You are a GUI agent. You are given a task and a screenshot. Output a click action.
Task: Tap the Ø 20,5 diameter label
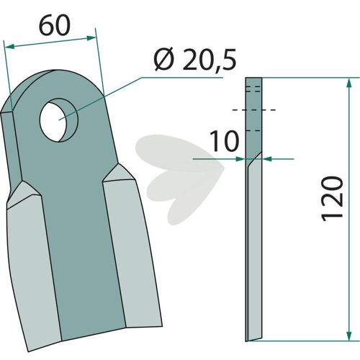[195, 60]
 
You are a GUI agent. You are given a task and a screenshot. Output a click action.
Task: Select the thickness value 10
[225, 141]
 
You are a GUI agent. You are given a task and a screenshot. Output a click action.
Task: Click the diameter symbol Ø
[164, 60]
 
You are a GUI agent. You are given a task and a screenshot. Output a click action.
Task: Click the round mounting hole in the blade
[59, 120]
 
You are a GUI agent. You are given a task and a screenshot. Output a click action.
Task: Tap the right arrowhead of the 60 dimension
[91, 38]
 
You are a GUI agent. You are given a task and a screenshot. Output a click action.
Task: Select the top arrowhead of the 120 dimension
[349, 83]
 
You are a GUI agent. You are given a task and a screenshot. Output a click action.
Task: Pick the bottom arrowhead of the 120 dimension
[349, 336]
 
